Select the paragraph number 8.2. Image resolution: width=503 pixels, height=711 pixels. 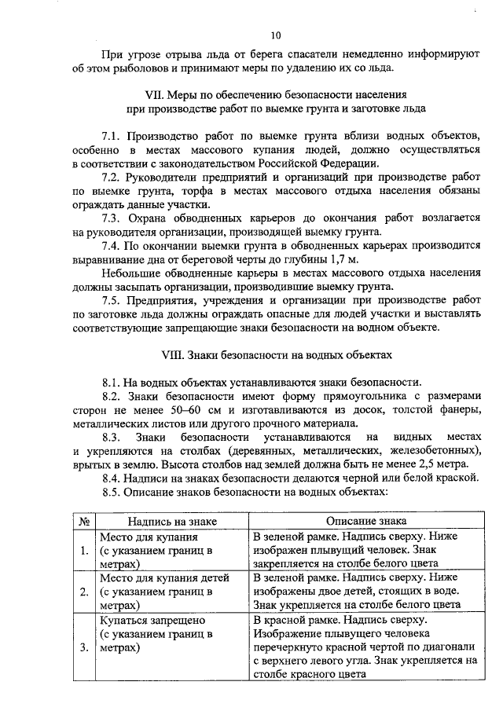(x=114, y=396)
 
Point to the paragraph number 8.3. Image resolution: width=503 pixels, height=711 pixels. (x=114, y=437)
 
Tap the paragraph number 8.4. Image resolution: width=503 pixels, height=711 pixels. (x=114, y=478)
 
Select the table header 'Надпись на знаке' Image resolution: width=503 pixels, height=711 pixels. (x=164, y=521)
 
